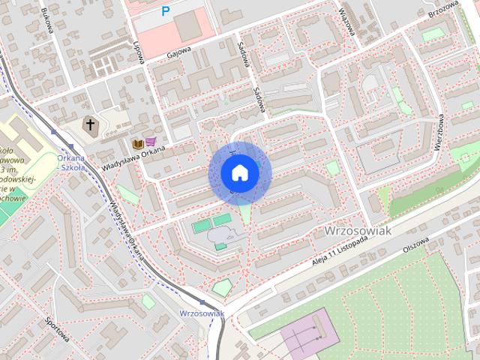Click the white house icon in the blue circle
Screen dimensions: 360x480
239,173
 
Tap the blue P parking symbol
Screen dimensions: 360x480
166,11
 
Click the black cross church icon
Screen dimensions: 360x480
90,124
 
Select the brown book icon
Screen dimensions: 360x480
138,142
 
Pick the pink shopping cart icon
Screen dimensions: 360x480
151,142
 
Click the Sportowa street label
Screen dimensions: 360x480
57,330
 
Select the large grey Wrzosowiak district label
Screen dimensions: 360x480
358,231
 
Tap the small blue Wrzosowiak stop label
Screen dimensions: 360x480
202,313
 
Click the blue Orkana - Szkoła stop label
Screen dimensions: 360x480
72,162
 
